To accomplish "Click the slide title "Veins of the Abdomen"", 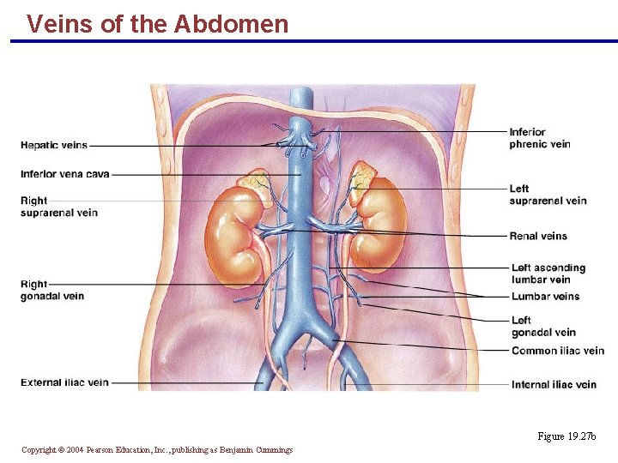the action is pyautogui.click(x=157, y=23).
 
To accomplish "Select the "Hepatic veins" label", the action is pyautogui.click(x=53, y=145).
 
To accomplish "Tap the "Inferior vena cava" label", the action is pyautogui.click(x=65, y=174).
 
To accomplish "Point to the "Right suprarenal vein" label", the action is pyautogui.click(x=58, y=207).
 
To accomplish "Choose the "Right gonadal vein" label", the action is pyautogui.click(x=51, y=290).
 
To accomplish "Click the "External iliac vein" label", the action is pyautogui.click(x=64, y=382).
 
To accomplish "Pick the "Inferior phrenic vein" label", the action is pyautogui.click(x=539, y=138).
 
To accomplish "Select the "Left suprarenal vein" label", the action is pyautogui.click(x=547, y=195).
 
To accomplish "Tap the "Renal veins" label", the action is pyautogui.click(x=538, y=236).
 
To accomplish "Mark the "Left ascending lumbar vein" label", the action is pyautogui.click(x=548, y=274).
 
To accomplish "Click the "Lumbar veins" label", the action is pyautogui.click(x=545, y=297).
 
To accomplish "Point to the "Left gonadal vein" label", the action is pyautogui.click(x=543, y=327).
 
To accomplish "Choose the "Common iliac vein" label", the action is pyautogui.click(x=557, y=351).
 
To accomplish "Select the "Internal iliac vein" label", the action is pyautogui.click(x=554, y=385).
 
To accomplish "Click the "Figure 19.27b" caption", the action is pyautogui.click(x=566, y=436).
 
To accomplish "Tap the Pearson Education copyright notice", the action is pyautogui.click(x=157, y=450).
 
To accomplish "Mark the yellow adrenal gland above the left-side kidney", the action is pyautogui.click(x=255, y=184).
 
